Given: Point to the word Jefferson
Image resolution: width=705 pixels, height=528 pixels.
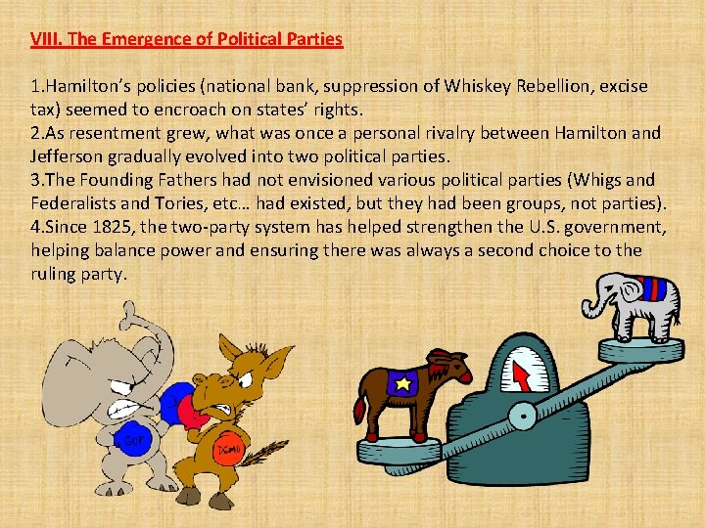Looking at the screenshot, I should (x=70, y=156).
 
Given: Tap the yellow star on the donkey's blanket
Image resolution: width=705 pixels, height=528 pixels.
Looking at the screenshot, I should (x=401, y=384).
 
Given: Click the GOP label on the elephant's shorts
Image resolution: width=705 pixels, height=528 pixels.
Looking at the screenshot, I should (x=129, y=438).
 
